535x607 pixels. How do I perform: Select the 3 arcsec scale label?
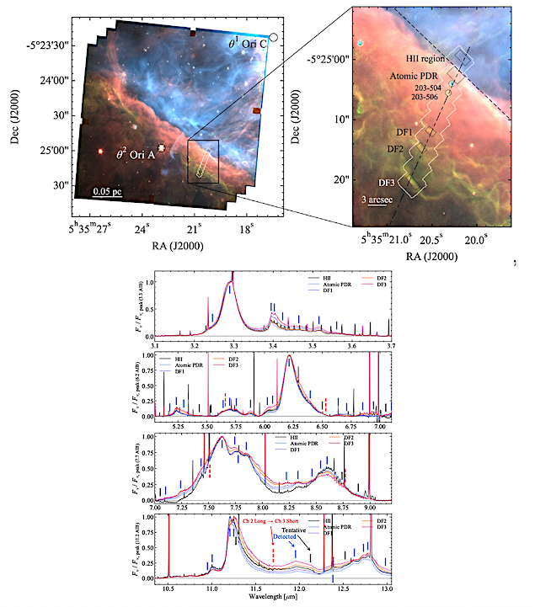tap(375, 200)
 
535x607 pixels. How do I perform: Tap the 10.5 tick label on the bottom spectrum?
tap(169, 590)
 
